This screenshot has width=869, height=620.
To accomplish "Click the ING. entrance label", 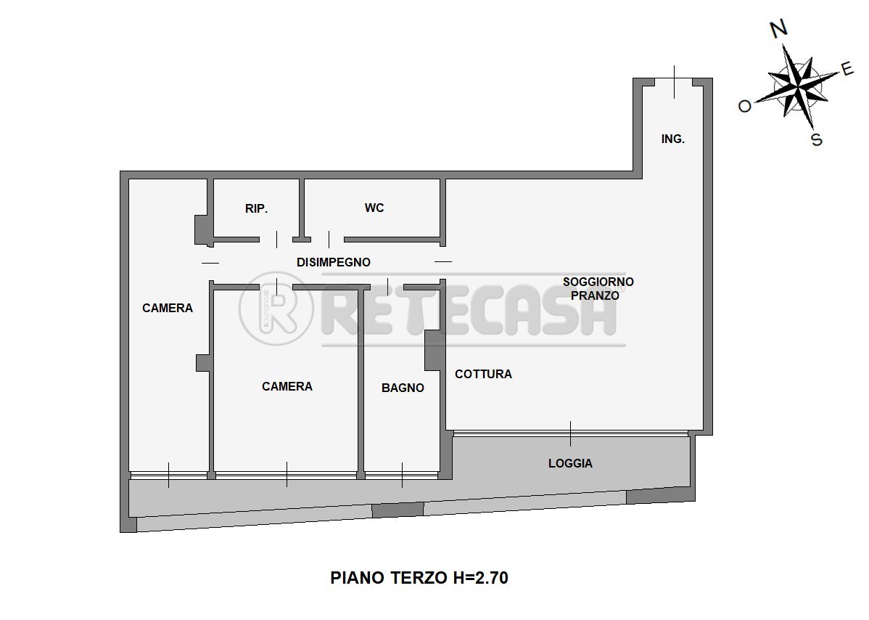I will tap(672, 139).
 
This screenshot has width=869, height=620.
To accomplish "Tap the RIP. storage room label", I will tap(256, 208).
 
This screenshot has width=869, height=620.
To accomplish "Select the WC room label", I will tap(374, 208).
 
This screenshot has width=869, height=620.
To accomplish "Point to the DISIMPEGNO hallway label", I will tap(333, 262).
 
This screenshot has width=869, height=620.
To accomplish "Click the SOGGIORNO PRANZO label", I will tap(598, 288).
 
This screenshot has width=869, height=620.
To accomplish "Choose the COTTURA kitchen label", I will tap(483, 374).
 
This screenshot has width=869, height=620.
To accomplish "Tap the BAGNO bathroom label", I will tap(403, 388).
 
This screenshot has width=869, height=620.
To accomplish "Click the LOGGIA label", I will tap(570, 462).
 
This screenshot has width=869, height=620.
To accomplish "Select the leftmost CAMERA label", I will tap(168, 308).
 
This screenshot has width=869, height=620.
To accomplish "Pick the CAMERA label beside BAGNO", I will tap(287, 386).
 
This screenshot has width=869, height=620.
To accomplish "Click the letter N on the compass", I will tap(778, 29).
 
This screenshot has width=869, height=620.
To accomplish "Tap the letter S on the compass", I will tap(816, 139).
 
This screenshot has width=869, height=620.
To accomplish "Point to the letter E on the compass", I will tap(847, 69).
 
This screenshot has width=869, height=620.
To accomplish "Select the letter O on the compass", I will tap(745, 106).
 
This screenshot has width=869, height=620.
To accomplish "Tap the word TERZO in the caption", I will tap(407, 578).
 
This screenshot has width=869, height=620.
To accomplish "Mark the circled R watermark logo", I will tap(276, 309).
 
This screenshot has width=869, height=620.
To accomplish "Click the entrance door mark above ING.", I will tap(674, 81).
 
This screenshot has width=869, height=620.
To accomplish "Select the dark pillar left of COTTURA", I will tap(434, 350).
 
